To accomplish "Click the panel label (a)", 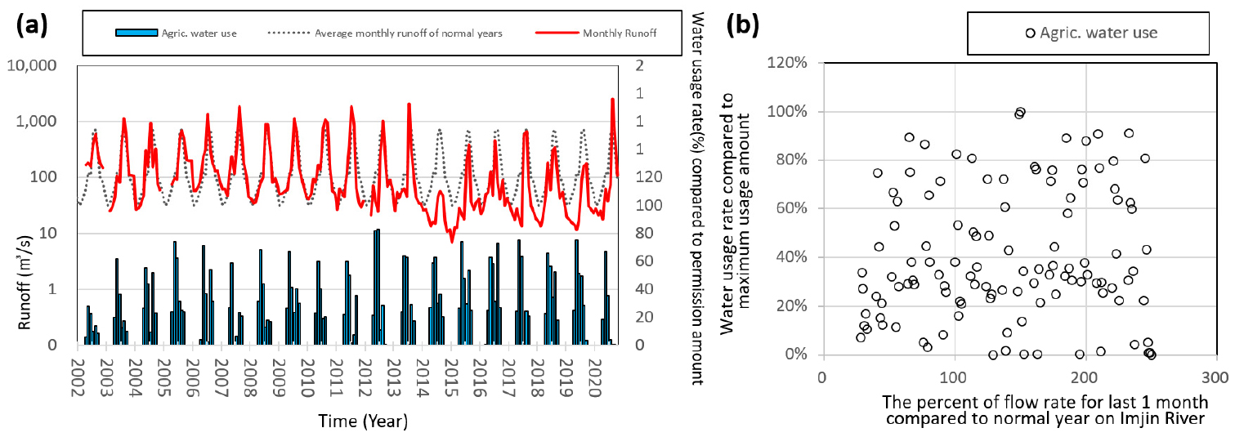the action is [x=32, y=25].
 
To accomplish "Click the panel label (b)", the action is [x=743, y=25].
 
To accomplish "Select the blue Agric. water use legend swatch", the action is [x=136, y=33].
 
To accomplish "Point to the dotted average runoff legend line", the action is [x=289, y=33].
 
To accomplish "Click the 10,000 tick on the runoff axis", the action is [x=31, y=65].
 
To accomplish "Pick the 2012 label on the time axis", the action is [x=365, y=377].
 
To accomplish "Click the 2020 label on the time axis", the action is [x=594, y=377].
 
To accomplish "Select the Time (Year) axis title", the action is [x=363, y=421].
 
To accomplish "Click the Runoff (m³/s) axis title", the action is [x=24, y=283].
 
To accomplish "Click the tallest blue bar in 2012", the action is [x=378, y=287].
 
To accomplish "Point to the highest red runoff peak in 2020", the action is [x=612, y=99].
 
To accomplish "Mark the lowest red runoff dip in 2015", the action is [x=452, y=241].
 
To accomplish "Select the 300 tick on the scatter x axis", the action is [x=1215, y=377].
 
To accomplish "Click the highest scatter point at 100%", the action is [x=1021, y=112].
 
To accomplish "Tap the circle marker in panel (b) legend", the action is [x=1030, y=33].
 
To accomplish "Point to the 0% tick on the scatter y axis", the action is [x=795, y=355].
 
